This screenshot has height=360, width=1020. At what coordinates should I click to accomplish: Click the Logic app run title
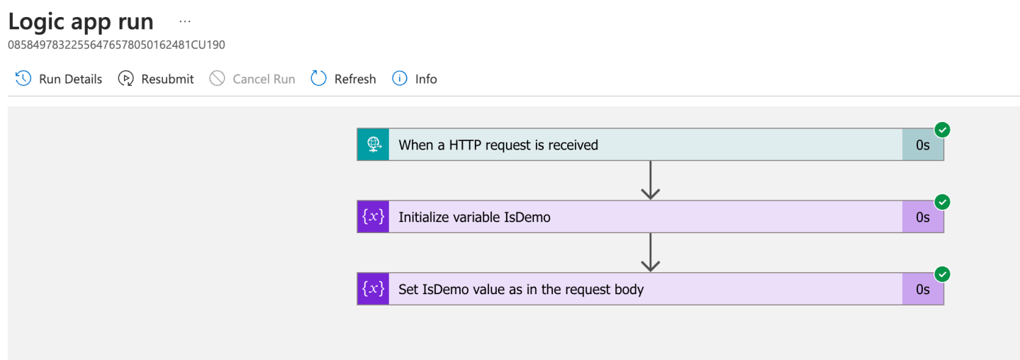pos(81,21)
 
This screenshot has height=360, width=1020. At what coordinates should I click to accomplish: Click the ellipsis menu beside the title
pos(185,22)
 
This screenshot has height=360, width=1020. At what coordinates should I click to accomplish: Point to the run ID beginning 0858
pos(116,45)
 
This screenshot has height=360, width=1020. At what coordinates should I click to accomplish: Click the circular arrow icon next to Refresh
pos(319,79)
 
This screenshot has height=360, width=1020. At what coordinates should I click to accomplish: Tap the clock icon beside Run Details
pos(23,79)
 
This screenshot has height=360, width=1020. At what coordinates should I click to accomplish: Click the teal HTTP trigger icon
pos(374,145)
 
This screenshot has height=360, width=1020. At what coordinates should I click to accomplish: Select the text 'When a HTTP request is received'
pos(498,145)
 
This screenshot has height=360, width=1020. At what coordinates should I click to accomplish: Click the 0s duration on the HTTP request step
pos(922,145)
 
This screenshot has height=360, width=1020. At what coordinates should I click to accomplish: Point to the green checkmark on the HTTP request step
pos(942,130)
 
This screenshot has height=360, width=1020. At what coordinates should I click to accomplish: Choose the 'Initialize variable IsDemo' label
pos(474,218)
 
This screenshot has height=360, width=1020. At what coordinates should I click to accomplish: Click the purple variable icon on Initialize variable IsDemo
pos(374,217)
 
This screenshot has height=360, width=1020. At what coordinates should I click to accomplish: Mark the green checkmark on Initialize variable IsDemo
pos(942,202)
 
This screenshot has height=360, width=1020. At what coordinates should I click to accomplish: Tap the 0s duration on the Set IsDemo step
pos(922,289)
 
